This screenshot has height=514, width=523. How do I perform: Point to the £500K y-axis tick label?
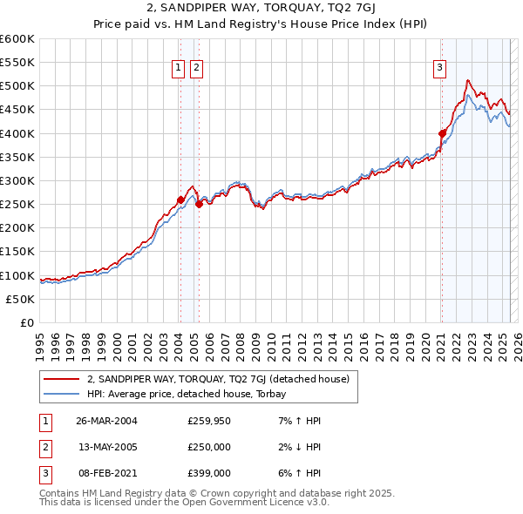[17, 86]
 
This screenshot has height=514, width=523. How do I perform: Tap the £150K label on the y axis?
[17, 252]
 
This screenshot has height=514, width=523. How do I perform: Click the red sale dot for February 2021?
[442, 133]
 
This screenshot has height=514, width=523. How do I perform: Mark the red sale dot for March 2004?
[181, 200]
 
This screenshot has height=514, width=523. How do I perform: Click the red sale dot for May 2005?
[199, 204]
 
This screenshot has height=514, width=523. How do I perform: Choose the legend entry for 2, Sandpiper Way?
[218, 379]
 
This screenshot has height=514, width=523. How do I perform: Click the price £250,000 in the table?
[208, 447]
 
